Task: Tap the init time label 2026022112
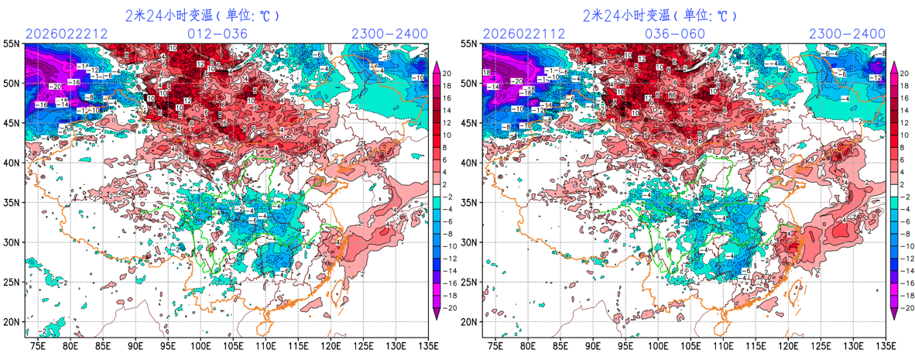coord(523,33)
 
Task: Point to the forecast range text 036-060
coord(675,33)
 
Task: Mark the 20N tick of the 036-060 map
coord(470,322)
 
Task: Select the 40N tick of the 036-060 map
coord(470,163)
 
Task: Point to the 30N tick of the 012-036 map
coord(13,242)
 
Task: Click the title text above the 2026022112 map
coord(660,15)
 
